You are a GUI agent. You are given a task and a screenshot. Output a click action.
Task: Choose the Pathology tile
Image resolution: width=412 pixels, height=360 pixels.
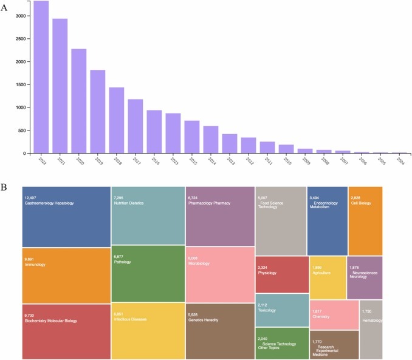148,273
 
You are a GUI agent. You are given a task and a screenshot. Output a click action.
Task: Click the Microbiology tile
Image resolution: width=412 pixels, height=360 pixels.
220,274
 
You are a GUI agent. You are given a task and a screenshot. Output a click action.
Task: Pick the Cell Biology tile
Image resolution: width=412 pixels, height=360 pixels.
365,221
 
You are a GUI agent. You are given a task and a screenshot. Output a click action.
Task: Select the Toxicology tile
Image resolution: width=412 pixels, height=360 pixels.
281,311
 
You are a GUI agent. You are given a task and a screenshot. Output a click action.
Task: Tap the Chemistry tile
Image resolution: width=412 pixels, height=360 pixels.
334,314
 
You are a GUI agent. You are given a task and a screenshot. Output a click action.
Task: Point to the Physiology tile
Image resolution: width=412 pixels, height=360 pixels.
281,274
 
